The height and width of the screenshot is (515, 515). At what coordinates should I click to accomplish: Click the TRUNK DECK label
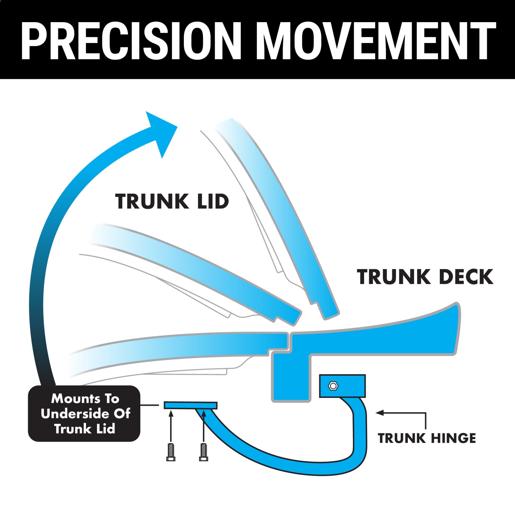tap(425, 277)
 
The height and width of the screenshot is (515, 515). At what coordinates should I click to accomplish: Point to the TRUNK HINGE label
tap(427, 439)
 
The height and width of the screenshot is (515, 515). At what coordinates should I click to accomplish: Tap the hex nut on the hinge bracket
tap(333, 386)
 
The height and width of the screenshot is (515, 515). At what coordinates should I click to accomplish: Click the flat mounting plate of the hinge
tap(191, 405)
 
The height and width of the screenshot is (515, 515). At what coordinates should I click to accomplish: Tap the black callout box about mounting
tap(84, 413)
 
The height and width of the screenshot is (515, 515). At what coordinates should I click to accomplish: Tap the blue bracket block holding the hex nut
tap(342, 386)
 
